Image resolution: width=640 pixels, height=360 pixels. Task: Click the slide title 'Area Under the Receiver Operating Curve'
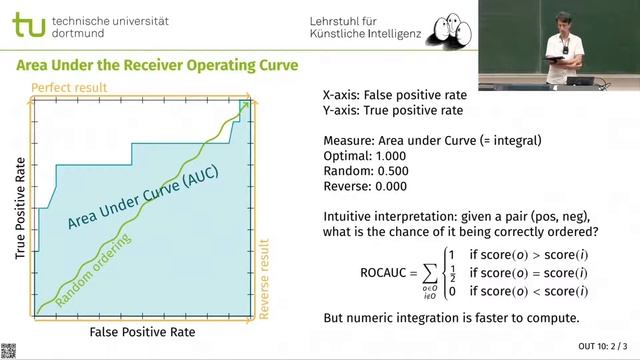pyautogui.click(x=156, y=66)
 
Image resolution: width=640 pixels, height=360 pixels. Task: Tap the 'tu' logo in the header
pyautogui.click(x=29, y=26)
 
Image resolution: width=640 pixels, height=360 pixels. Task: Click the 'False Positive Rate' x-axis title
pyautogui.click(x=142, y=331)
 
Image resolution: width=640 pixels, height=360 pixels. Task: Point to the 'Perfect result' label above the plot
pyautogui.click(x=69, y=89)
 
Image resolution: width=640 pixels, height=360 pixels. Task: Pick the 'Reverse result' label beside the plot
pyautogui.click(x=265, y=279)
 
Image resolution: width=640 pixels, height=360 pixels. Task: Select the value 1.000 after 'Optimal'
pyautogui.click(x=391, y=156)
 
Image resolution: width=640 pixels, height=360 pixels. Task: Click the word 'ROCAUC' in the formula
pyautogui.click(x=383, y=271)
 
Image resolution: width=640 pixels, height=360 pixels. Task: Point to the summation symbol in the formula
pyautogui.click(x=430, y=271)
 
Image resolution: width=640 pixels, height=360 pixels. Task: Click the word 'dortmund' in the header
pyautogui.click(x=76, y=34)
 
